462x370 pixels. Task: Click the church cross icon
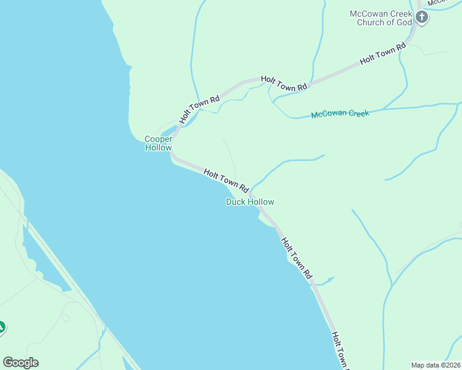click(422, 17)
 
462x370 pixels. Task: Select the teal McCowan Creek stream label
click(340, 113)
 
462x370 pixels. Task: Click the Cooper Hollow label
click(158, 143)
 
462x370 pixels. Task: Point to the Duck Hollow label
click(250, 202)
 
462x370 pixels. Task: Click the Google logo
click(20, 363)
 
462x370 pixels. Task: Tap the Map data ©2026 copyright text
click(436, 365)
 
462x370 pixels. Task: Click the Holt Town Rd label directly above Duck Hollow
click(225, 181)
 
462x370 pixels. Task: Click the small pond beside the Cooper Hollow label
click(167, 132)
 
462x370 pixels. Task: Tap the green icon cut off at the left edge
click(2, 327)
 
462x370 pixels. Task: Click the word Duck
click(235, 202)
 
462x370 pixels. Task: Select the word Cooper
click(158, 139)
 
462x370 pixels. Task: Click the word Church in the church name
click(371, 22)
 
